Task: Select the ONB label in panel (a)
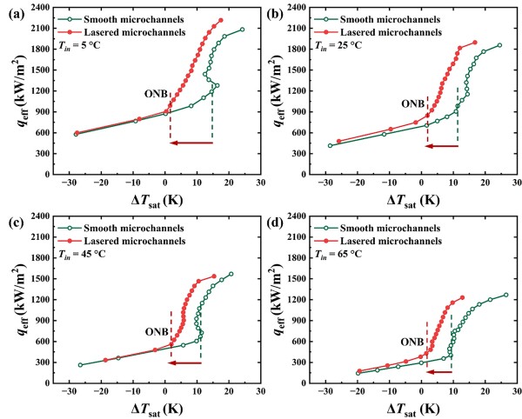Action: coord(155,96)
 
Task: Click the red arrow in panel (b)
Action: coord(441,146)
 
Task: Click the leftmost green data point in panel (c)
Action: coord(80,365)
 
